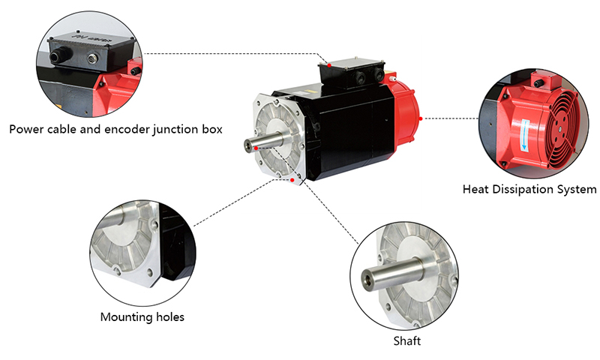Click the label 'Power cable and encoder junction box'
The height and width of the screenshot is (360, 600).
point(116,129)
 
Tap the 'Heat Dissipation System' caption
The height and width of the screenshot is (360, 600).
point(529,189)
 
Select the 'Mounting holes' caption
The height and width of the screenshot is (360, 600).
point(142,316)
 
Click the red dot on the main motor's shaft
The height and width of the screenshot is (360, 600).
point(256,149)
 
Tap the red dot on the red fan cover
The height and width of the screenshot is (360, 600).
point(421,118)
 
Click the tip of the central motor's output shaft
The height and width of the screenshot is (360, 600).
point(247,144)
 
